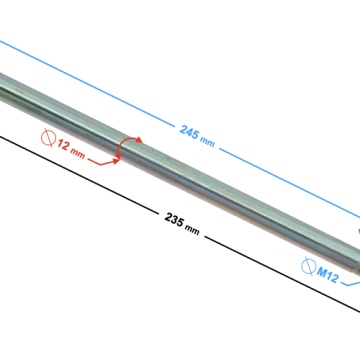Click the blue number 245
189,132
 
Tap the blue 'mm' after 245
207,141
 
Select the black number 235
174,220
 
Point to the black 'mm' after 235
192,229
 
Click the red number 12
63,145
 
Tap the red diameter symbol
48,138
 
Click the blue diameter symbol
308,266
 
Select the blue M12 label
327,275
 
